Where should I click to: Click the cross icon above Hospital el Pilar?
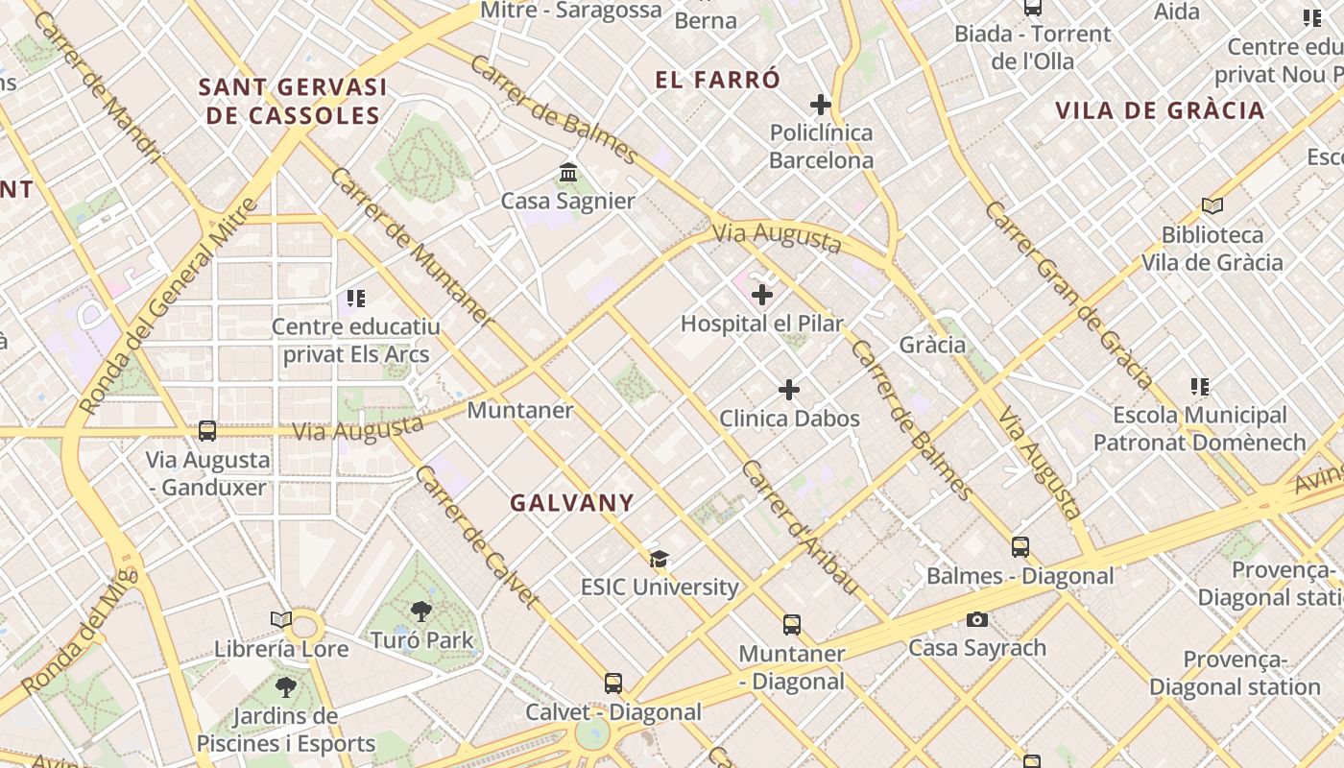tap(762, 295)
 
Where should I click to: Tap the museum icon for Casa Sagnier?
tap(567, 173)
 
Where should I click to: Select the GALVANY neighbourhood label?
tap(572, 502)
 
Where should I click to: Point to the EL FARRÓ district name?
tap(718, 80)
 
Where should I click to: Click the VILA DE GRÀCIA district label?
tap(1160, 110)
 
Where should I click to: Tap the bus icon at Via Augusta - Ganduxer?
tap(207, 431)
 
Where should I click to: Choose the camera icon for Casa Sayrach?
tap(977, 619)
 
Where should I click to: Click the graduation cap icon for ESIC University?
tap(659, 559)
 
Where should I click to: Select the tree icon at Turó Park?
tap(420, 612)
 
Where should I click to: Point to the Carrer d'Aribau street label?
tap(799, 527)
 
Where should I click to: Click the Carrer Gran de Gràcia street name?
tap(1068, 295)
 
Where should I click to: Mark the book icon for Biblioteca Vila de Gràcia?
tap(1212, 205)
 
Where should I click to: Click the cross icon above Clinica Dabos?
tap(789, 390)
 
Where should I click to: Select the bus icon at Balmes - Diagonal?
tap(1020, 547)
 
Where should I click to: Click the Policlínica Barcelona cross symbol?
tap(821, 104)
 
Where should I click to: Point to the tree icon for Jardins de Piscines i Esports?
tap(285, 686)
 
